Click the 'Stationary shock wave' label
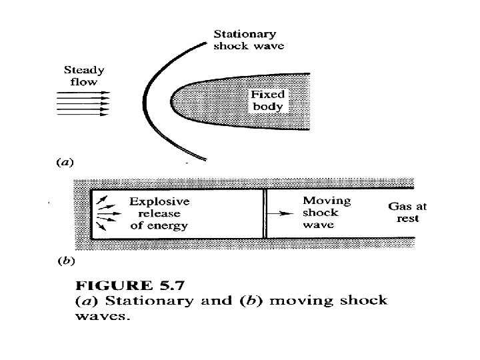(248, 40)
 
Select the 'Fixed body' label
(267, 101)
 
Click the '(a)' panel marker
(64, 161)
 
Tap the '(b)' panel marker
(65, 261)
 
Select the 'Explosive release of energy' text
(159, 213)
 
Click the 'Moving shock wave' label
(326, 213)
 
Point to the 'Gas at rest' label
(407, 212)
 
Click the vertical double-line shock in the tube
(265, 213)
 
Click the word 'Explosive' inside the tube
(159, 201)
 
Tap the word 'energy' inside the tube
(168, 225)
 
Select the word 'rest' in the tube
(407, 219)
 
